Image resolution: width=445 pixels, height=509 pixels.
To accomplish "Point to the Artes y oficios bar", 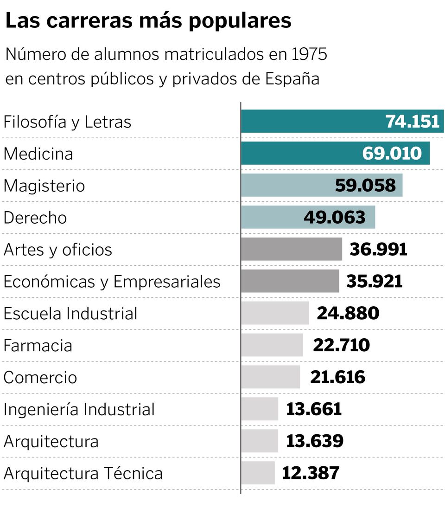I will click(291, 249).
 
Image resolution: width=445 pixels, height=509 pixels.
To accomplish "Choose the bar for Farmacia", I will click(272, 345).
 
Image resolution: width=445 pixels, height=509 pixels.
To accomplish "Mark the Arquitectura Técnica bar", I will click(258, 473).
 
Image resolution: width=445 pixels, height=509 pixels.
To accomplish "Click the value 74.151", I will click(412, 122).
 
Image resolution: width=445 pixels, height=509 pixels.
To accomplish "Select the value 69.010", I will click(392, 154).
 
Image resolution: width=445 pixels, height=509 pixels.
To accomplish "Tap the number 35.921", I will click(375, 281).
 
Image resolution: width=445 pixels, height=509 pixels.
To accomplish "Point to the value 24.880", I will click(348, 313).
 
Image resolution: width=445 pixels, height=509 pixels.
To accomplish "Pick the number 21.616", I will click(337, 377).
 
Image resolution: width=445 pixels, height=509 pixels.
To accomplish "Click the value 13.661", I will click(314, 409).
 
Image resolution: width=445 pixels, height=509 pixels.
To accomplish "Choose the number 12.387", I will click(311, 473).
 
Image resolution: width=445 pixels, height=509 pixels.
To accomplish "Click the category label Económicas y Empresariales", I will click(112, 282).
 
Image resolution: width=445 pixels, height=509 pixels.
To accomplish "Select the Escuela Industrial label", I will click(70, 314).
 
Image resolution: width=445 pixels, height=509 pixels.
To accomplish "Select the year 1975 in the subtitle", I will click(310, 55).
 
